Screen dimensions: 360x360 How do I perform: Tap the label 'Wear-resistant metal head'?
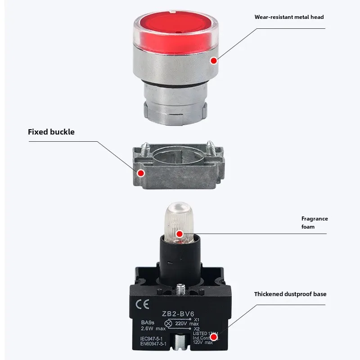[289, 17]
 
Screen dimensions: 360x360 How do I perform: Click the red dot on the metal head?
[213, 60]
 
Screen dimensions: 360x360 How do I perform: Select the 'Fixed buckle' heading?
[51, 132]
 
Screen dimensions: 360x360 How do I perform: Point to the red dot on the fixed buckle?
[141, 173]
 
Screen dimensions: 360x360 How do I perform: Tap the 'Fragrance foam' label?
[315, 222]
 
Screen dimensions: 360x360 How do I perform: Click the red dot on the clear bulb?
[179, 234]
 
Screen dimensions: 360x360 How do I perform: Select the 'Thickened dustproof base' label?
[290, 294]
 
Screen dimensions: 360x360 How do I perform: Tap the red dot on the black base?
[214, 336]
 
